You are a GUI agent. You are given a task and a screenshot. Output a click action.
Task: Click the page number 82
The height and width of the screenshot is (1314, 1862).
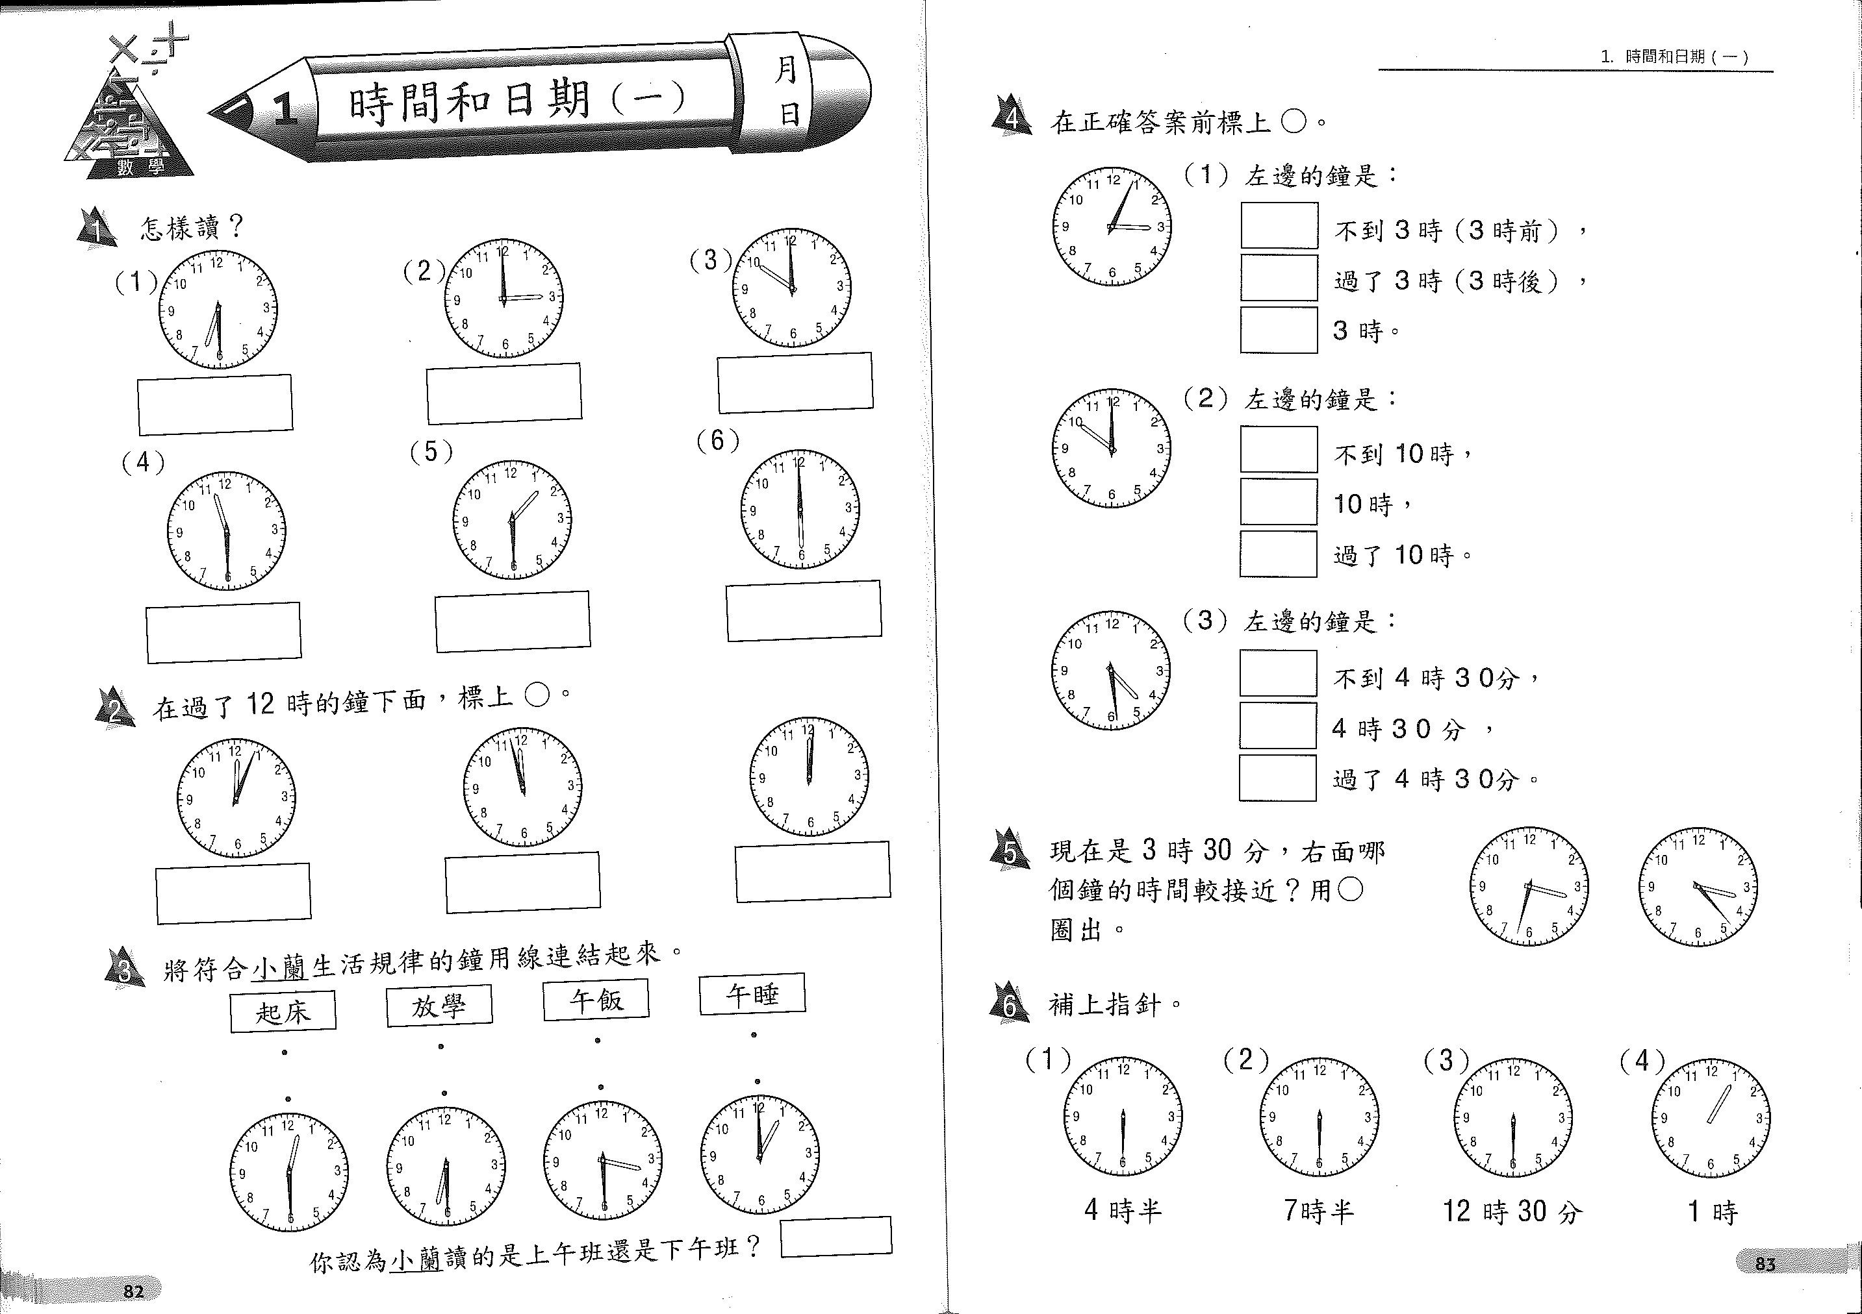tap(134, 1291)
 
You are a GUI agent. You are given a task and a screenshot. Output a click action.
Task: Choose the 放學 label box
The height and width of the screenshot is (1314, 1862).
tap(440, 1006)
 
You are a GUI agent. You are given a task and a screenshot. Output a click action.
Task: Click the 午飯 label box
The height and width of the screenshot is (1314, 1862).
tap(596, 1000)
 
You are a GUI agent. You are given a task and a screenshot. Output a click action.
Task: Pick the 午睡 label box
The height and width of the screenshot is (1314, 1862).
tap(752, 994)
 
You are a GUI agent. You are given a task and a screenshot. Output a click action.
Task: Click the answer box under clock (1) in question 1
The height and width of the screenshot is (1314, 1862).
tap(215, 404)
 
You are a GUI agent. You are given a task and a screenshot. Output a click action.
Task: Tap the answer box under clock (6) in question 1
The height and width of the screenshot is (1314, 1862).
tap(804, 610)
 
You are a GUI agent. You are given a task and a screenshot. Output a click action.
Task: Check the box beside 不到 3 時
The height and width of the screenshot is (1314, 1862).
tap(1279, 225)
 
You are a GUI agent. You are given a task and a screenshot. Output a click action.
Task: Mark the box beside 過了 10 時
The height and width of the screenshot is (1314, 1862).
tap(1278, 554)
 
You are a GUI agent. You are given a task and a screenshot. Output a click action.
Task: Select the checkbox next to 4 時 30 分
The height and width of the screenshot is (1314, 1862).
tap(1277, 726)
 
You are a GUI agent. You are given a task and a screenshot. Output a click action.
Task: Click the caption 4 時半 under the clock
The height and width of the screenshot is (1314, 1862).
tap(1123, 1211)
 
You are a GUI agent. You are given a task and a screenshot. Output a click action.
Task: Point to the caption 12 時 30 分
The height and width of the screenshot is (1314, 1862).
tap(1512, 1212)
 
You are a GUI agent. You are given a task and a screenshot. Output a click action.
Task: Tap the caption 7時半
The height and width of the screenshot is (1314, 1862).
tap(1319, 1211)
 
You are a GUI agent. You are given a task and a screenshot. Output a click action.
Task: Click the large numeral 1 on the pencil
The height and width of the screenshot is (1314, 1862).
tap(285, 110)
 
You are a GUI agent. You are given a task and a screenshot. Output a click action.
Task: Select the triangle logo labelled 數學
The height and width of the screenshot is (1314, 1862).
tap(130, 121)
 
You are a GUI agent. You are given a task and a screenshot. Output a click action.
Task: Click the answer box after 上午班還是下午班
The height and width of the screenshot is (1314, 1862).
tap(836, 1236)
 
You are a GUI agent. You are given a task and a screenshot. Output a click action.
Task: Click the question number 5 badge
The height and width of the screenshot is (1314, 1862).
tap(1010, 851)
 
